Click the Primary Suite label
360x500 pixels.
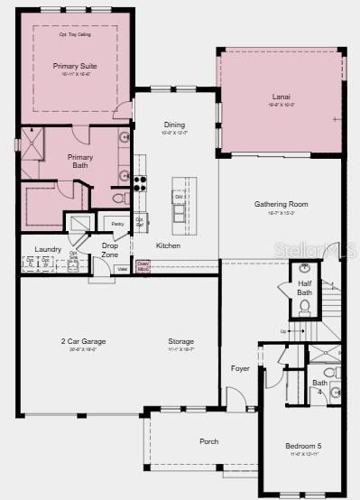[x=75, y=66]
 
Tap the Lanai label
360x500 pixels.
[x=281, y=97]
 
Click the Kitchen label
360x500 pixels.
[x=168, y=245]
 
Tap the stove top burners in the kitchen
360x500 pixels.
[x=141, y=182]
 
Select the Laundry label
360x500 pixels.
[x=47, y=249]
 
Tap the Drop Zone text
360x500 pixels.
[x=110, y=250]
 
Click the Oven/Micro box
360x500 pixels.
[x=143, y=268]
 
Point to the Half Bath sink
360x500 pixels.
[x=305, y=269]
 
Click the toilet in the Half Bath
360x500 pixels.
[x=305, y=306]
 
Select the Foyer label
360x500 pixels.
[x=239, y=368]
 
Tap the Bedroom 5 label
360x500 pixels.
[x=303, y=446]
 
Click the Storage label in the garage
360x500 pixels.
[x=180, y=341]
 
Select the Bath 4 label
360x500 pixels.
[x=319, y=385]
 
